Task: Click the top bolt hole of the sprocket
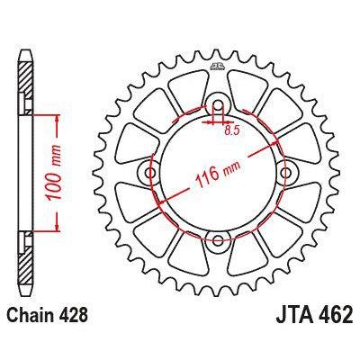[217, 103]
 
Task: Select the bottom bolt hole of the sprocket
[217, 240]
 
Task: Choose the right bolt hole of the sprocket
[286, 171]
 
